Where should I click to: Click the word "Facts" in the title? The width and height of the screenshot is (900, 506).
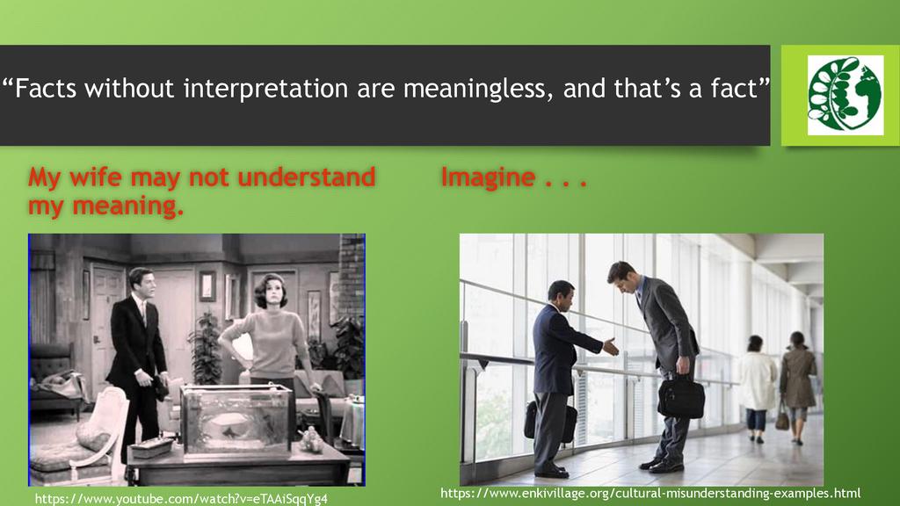pos(46,89)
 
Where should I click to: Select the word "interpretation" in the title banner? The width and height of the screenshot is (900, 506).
pos(265,89)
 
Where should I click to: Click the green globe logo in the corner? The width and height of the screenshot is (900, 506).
pos(845,95)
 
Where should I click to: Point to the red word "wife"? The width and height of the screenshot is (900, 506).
pos(95,177)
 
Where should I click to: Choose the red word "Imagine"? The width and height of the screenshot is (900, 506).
pos(488,178)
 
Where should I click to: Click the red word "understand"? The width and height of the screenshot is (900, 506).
pos(307,177)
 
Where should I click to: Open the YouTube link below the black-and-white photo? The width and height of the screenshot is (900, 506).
pos(181,499)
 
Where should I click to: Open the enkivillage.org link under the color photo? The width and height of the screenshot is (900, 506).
pos(650,493)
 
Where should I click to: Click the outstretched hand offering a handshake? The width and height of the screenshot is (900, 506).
pos(611,346)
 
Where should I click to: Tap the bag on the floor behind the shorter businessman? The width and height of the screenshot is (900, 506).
pos(550,422)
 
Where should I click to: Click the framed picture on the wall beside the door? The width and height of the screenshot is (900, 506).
pos(207,286)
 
